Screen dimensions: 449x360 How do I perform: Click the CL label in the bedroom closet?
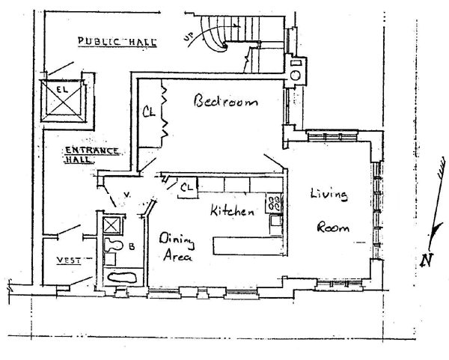click(149, 113)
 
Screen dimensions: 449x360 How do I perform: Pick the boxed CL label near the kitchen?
click(187, 186)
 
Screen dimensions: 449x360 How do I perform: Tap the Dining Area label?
click(177, 247)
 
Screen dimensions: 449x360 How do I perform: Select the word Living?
click(329, 195)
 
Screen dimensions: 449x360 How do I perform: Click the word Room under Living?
click(334, 228)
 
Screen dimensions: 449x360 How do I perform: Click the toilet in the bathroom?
click(114, 245)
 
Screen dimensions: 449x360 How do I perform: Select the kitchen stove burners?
click(274, 202)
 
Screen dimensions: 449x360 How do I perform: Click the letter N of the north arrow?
click(427, 260)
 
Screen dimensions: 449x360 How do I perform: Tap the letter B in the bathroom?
click(132, 245)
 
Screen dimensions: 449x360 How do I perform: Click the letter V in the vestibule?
click(127, 195)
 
